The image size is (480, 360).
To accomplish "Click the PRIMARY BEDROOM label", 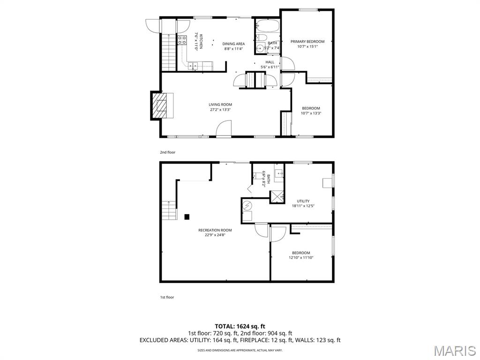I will [x=307, y=41].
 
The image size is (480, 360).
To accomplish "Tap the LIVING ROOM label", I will [x=220, y=105].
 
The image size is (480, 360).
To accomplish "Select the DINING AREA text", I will [x=233, y=44].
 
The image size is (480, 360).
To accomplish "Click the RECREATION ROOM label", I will [x=215, y=230].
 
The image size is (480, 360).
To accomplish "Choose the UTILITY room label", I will [x=303, y=201].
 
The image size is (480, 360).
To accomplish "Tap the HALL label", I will [x=270, y=62].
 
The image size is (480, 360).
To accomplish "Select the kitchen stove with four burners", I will [x=182, y=40].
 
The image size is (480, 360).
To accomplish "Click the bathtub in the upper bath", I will [x=267, y=25].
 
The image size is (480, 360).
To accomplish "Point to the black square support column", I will [x=187, y=217].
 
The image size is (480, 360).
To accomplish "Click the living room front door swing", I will [x=225, y=128].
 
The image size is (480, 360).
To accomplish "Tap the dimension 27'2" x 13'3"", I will [x=220, y=110].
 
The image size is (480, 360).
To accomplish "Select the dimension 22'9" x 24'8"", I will [x=215, y=235].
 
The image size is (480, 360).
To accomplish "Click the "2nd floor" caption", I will [x=167, y=152].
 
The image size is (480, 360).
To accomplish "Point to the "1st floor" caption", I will [x=167, y=297].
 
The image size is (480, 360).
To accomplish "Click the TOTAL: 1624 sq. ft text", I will [x=240, y=326].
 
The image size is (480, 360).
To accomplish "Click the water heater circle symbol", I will [x=247, y=205].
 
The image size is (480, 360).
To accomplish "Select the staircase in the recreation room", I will [x=169, y=210].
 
